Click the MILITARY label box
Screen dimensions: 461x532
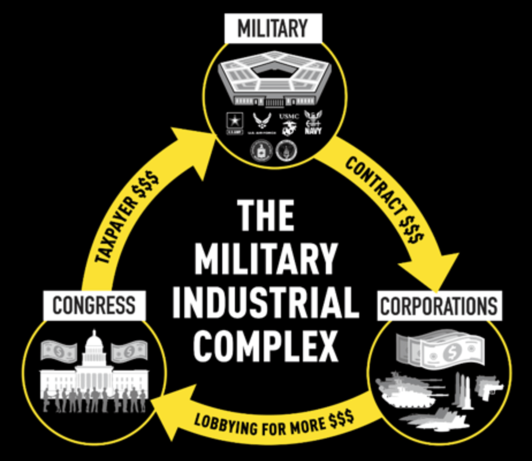pos(272,28)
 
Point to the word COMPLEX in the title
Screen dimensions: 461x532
pos(265,345)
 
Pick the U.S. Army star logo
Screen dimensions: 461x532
pos(236,122)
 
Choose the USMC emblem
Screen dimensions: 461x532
pos(288,123)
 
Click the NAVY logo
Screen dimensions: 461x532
pos(313,122)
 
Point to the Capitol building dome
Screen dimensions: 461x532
pos(94,349)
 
